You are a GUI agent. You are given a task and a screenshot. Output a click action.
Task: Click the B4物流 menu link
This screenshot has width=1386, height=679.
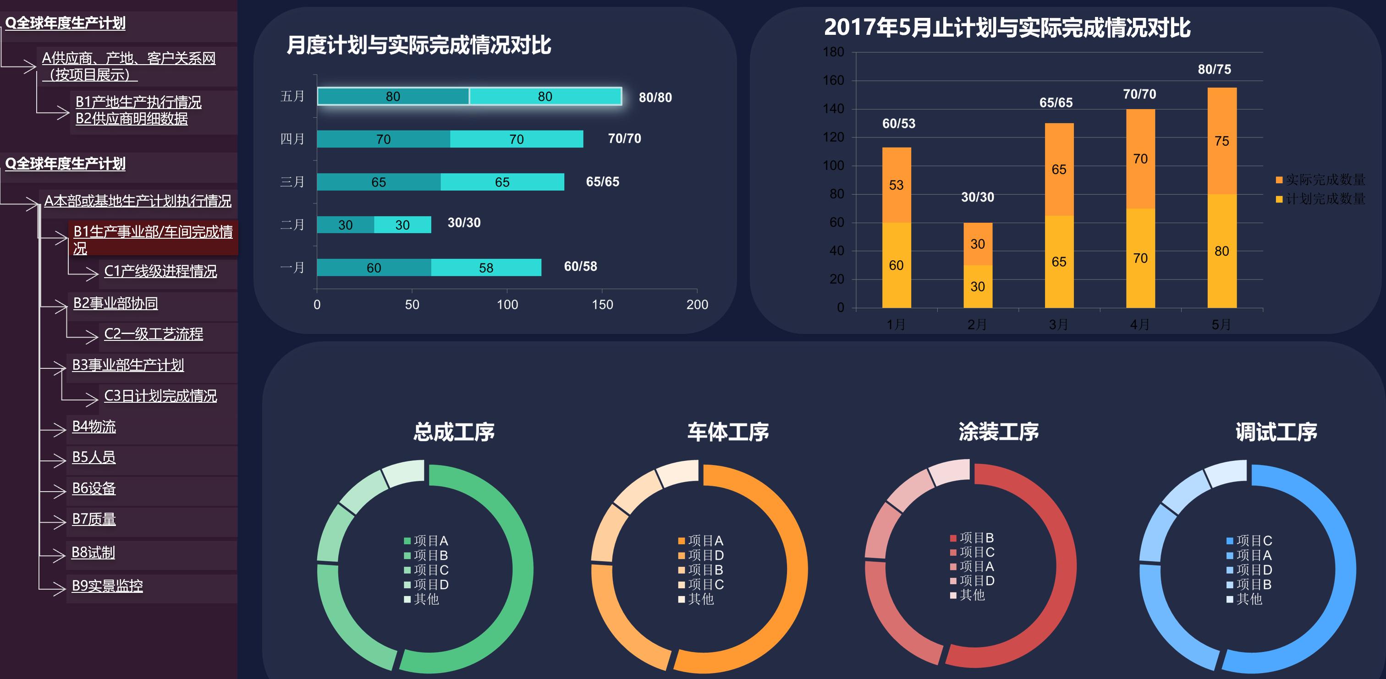point(94,427)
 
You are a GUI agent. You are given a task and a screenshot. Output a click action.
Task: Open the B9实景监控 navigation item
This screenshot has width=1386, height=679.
point(108,586)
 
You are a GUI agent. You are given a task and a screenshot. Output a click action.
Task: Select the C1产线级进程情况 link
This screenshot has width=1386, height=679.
point(160,271)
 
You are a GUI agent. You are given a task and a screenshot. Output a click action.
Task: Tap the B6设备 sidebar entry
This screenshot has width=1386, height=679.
point(94,488)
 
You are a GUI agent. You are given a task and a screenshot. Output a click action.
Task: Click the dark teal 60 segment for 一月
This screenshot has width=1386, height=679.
point(374,268)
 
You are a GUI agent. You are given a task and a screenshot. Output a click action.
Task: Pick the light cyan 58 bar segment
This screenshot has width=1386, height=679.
point(486,268)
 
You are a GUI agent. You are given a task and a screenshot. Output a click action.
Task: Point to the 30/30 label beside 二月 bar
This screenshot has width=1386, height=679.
point(464,223)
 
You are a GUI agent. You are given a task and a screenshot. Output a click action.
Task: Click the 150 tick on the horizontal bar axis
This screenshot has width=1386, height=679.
point(602,305)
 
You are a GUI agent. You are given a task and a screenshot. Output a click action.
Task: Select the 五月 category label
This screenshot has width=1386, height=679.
point(292,96)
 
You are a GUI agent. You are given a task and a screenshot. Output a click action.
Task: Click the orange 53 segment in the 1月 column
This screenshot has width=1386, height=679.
point(896,185)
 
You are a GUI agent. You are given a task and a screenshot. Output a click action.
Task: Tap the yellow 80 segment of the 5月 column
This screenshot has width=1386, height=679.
point(1222,251)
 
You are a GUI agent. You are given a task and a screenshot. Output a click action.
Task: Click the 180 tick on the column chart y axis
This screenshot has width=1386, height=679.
point(833,52)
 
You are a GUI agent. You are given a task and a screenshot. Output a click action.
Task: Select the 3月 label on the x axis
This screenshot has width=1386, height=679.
point(1058,324)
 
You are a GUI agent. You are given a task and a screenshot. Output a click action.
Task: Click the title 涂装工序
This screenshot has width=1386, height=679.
point(999,432)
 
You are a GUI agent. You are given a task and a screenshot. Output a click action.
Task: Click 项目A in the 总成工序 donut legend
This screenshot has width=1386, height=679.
point(426,540)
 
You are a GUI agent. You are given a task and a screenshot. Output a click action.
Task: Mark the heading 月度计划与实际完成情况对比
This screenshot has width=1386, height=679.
point(418,45)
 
